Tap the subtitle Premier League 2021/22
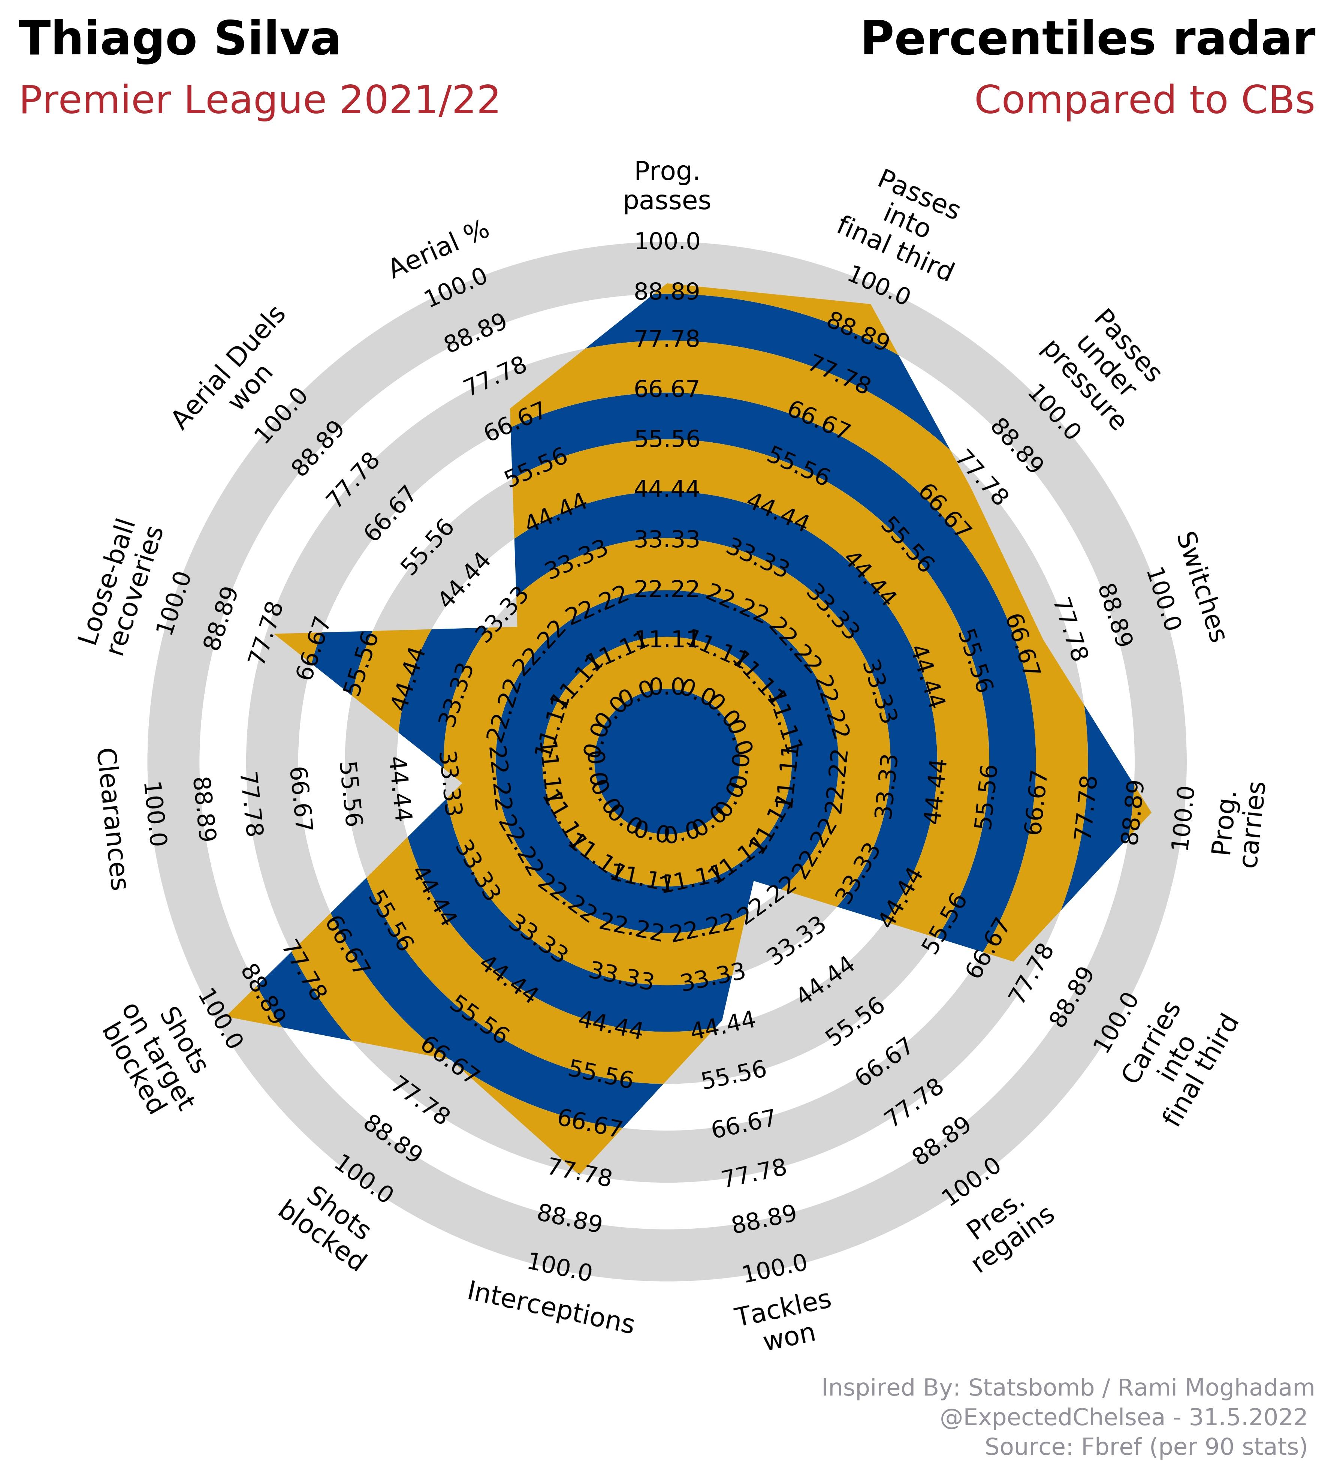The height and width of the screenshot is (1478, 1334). tap(259, 100)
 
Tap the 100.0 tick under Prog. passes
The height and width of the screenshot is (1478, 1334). tap(667, 242)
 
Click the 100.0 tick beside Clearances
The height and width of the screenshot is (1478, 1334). tap(156, 814)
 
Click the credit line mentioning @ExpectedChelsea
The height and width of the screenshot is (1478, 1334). tap(1123, 1417)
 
